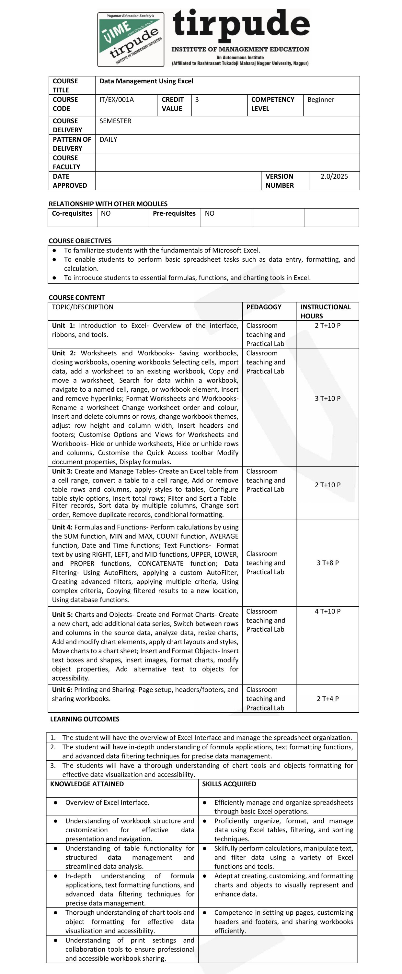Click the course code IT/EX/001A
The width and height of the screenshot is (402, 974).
(116, 100)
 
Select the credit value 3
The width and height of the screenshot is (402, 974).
(197, 100)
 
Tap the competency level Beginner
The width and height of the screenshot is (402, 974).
(320, 100)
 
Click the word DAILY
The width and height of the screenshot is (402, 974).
(108, 139)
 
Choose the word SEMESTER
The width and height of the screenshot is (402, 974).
(115, 121)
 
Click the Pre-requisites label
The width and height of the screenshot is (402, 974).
(174, 214)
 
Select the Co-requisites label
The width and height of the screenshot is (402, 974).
(72, 214)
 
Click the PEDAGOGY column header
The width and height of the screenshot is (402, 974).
(264, 307)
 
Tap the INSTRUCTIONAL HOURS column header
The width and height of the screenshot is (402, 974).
(325, 311)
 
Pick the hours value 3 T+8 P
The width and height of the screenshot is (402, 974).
(327, 563)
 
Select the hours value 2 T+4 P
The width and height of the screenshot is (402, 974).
(327, 699)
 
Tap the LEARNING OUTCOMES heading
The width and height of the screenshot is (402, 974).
(85, 719)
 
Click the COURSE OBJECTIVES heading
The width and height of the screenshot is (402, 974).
(80, 241)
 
